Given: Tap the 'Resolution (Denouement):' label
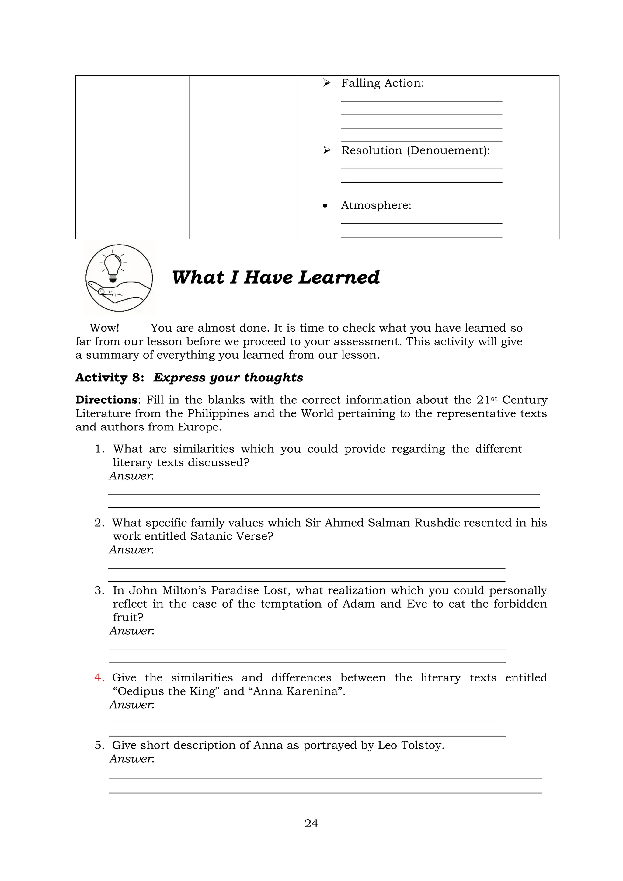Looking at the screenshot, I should [416, 150].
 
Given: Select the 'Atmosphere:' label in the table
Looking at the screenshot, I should [376, 205].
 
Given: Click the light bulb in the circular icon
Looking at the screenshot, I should [113, 265].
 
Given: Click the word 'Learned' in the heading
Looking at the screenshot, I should [339, 277].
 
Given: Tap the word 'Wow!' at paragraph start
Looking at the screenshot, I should [104, 328].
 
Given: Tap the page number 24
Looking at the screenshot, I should [311, 823].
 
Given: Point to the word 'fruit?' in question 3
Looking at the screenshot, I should [128, 617].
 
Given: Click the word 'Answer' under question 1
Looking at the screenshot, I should [131, 476].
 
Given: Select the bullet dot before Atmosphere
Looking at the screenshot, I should [325, 206].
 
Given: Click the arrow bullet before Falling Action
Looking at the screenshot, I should [326, 83].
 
